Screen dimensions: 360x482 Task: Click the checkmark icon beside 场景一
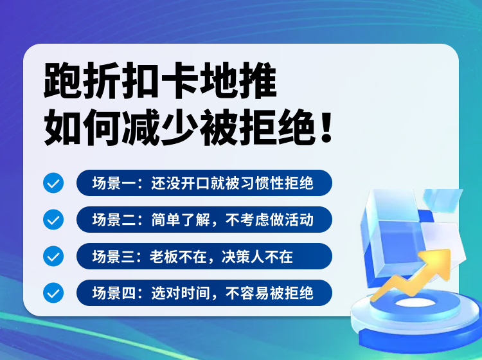coord(53,183)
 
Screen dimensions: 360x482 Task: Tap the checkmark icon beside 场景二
coord(53,220)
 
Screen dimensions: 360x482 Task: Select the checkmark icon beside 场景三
coord(53,256)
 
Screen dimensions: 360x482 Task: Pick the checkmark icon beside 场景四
coord(53,293)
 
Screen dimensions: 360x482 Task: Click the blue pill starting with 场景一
coord(204,183)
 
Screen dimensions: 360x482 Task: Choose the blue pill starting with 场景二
coord(204,220)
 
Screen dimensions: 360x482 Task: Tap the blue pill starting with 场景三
coord(204,256)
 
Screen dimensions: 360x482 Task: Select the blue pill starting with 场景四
coord(204,293)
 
